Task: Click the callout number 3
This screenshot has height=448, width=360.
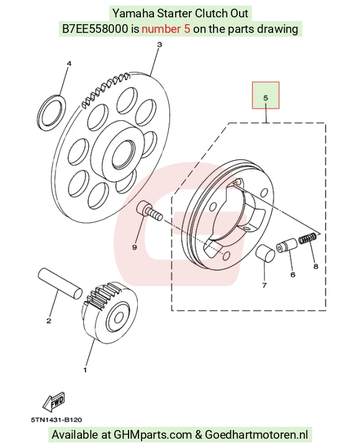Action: [x=160, y=45]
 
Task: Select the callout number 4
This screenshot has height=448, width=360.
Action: [x=69, y=63]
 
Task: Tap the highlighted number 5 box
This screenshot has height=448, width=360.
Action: [x=266, y=95]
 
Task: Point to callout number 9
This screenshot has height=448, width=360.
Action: [x=135, y=247]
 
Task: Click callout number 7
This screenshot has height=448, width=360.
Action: [x=264, y=285]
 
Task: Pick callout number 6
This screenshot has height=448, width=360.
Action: [x=293, y=275]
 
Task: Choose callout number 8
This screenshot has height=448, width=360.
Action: [x=316, y=266]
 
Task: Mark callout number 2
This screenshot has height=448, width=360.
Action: [x=49, y=321]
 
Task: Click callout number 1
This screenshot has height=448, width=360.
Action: [x=85, y=370]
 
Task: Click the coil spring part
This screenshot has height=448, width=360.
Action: [x=308, y=238]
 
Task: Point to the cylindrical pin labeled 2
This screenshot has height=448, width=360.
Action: [x=60, y=284]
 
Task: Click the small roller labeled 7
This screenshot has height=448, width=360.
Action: [x=265, y=253]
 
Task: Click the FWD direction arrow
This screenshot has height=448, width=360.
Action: [x=54, y=401]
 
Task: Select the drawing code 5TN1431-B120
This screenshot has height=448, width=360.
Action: [x=56, y=420]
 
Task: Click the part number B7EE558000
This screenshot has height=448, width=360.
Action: [x=95, y=29]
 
